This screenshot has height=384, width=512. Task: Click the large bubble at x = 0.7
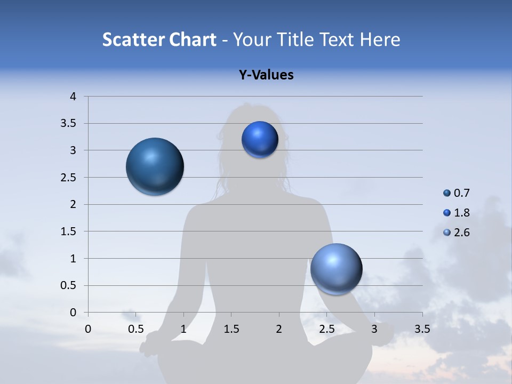point(155,166)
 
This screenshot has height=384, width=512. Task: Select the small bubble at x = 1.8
point(260,140)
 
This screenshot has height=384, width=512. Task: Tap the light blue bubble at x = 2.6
point(336,269)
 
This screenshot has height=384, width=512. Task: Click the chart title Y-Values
point(266,75)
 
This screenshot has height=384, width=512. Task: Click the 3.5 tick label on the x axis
point(422,329)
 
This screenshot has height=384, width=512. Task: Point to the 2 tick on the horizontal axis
point(278,329)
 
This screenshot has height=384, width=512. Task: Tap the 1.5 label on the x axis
point(231,329)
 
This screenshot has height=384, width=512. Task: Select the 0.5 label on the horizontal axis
point(135,329)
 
